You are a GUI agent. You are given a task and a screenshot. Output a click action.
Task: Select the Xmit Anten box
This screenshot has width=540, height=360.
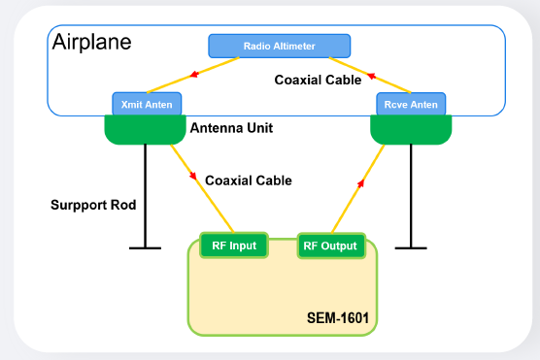(147, 104)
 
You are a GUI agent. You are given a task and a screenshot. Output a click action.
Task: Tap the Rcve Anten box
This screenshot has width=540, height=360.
(410, 104)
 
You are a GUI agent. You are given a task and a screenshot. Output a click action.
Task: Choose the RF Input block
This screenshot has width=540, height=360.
(233, 245)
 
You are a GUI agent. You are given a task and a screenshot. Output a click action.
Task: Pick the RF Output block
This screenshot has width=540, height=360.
(330, 246)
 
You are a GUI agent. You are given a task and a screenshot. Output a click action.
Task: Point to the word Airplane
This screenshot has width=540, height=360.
(91, 43)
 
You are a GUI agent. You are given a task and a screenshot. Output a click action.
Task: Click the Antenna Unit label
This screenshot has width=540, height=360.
(231, 127)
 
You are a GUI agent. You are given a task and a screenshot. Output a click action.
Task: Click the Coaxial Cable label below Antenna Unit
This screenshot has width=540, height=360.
(248, 180)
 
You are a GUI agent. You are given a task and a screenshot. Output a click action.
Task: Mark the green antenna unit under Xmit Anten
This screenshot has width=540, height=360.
(145, 129)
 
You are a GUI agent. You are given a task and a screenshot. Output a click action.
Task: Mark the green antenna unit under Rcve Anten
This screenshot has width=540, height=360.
(410, 129)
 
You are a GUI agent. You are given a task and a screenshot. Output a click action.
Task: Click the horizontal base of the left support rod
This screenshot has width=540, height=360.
(145, 247)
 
